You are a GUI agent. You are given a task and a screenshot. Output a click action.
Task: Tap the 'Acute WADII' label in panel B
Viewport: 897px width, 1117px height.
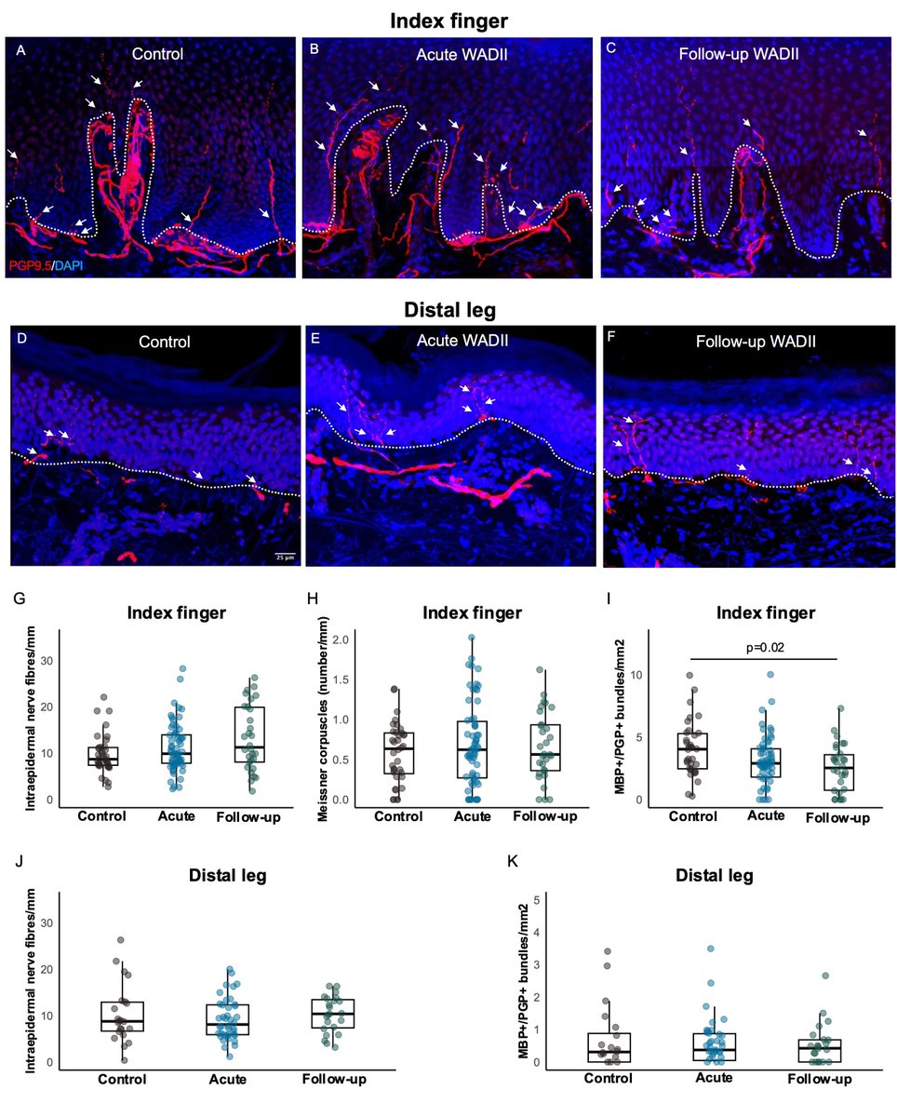click(x=450, y=54)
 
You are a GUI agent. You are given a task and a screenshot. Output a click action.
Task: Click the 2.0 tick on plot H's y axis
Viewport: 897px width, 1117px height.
click(x=345, y=639)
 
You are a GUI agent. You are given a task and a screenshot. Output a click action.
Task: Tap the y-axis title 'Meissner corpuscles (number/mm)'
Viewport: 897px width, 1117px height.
click(x=320, y=721)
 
